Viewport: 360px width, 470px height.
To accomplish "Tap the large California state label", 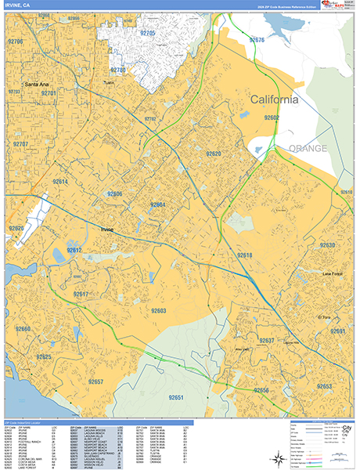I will point(274,100).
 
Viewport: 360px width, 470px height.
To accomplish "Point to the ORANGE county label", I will point(308,148).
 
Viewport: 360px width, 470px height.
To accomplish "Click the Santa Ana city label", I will point(38,84).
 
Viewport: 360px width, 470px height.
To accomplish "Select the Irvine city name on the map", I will point(107,229).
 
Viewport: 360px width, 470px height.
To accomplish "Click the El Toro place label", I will point(326,316).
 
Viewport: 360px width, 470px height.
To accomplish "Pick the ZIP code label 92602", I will point(272,117).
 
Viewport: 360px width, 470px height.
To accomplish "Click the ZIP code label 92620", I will point(214,154).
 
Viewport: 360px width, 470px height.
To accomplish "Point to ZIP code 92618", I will point(245,255).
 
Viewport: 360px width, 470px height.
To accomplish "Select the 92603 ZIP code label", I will point(159,311).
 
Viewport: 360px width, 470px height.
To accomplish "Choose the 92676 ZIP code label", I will point(257,39).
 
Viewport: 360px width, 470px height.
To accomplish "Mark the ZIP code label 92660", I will point(23,330).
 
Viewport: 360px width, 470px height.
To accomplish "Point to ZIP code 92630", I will point(326,245).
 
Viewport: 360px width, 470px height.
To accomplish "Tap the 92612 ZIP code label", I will point(74,250).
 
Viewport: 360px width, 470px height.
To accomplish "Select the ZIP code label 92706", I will point(16,41).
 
